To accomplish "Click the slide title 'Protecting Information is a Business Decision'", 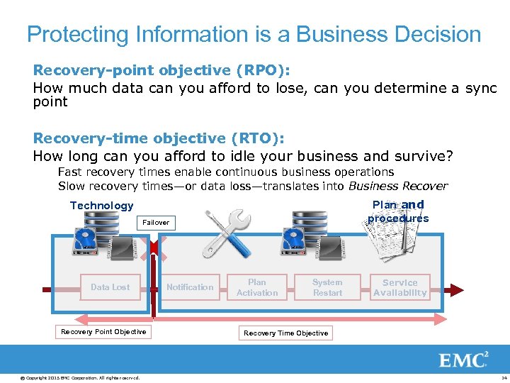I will point(254,34).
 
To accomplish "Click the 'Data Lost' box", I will point(110,287).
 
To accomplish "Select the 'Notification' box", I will point(189,287).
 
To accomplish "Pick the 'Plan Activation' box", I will point(257,287).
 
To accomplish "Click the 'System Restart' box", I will point(327,287).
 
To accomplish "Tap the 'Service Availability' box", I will point(400,287).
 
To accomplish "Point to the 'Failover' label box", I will point(156,223).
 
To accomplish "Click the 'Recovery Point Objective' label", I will point(103,332).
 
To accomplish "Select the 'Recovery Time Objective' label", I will point(286,333).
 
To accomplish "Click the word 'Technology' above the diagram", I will point(101,206).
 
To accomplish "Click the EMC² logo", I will point(464,360).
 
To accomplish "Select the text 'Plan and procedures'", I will point(398,211).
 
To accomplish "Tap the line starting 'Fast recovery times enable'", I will point(225,172).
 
